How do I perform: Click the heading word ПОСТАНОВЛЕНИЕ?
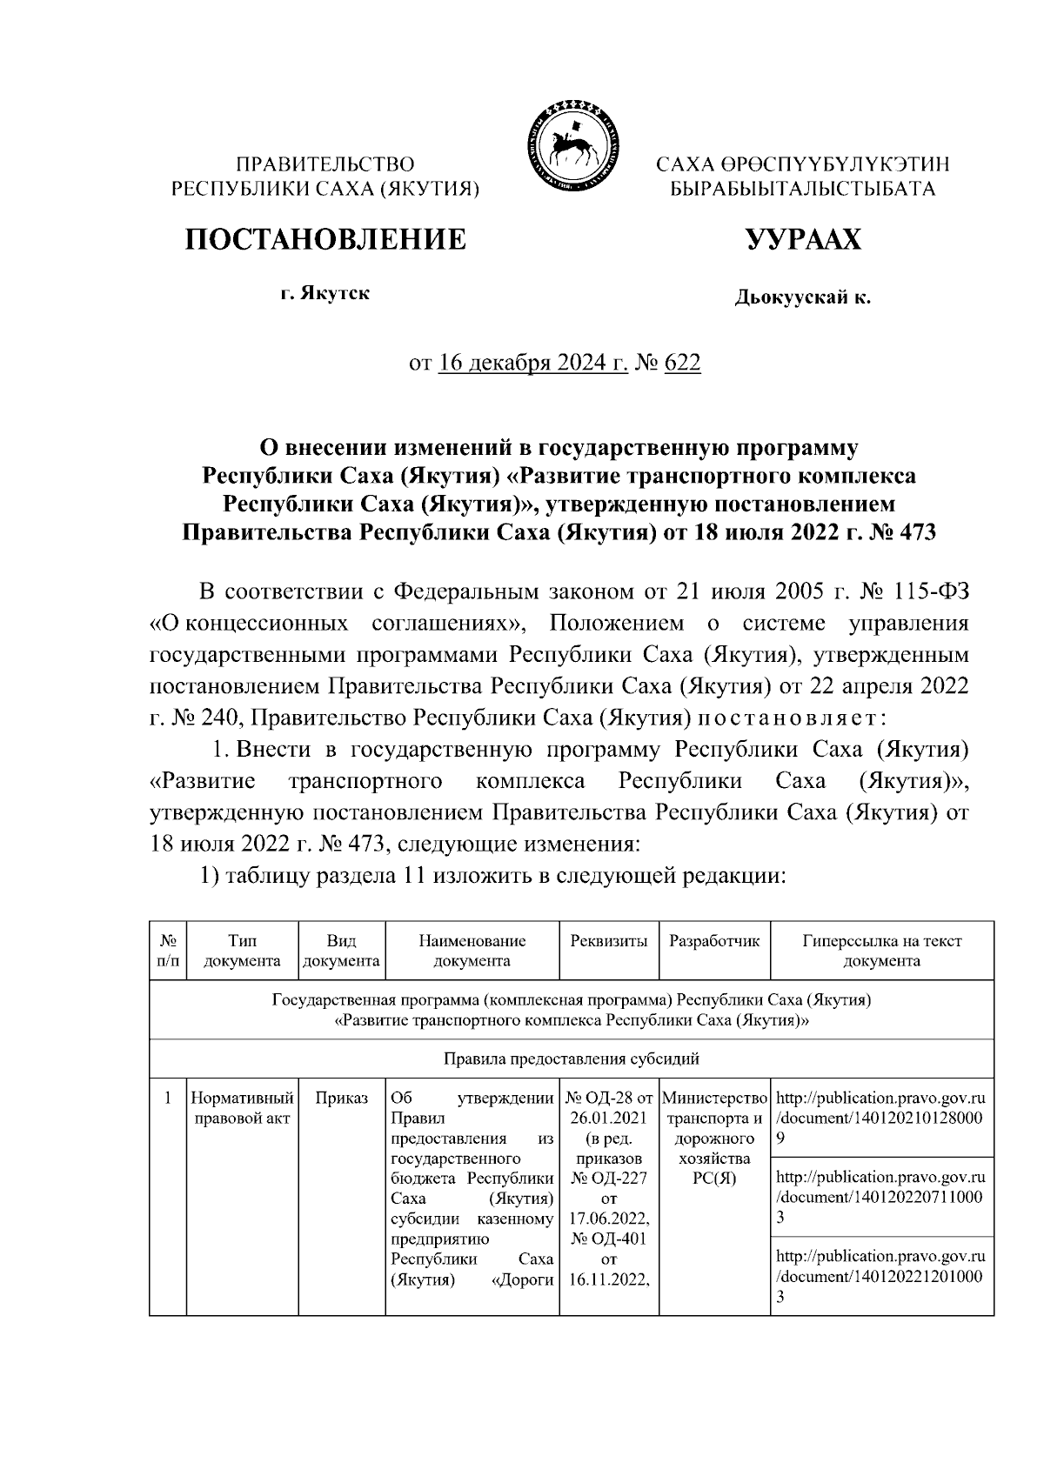pos(325,238)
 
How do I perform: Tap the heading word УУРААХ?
pos(802,238)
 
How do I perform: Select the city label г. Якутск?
pos(325,293)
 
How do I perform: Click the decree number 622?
pos(682,362)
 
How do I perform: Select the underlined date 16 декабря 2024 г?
pos(533,362)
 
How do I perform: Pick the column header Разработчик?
pos(714,941)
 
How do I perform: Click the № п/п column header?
pos(168,951)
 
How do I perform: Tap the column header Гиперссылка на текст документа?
pos(881,951)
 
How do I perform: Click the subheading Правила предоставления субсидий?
pos(572,1059)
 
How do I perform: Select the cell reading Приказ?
pos(342,1099)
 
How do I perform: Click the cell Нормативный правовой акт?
pos(243,1108)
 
